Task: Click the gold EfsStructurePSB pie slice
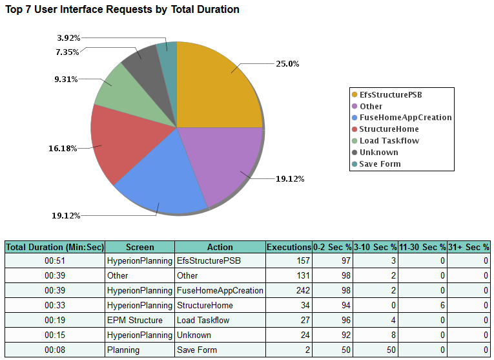[x=216, y=87]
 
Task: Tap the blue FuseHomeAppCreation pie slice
[x=161, y=184]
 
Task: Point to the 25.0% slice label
[x=287, y=63]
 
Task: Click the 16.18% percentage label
[x=63, y=148]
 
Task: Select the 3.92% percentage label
[x=68, y=37]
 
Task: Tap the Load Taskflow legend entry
[x=389, y=141]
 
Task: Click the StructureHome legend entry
[x=389, y=129]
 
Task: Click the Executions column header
[x=289, y=247]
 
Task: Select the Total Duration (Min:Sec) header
[x=55, y=247]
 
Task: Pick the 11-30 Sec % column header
[x=423, y=247]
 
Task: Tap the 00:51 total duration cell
[x=55, y=260]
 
